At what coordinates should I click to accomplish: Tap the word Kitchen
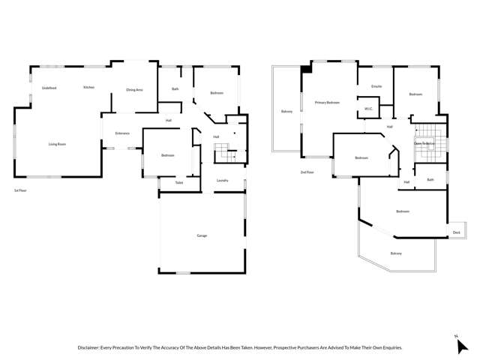point(88,88)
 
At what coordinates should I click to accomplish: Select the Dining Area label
point(135,90)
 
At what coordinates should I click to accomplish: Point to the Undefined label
point(50,88)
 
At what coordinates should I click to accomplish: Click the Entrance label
point(122,133)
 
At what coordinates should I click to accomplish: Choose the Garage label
point(202,235)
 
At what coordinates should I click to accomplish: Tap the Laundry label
point(222,181)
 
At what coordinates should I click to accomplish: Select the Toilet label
point(179,182)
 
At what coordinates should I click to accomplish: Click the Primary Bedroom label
point(327,102)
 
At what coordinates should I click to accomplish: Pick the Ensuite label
point(376,86)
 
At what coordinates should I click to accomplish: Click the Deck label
point(457,232)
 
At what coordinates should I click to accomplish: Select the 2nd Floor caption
point(307,172)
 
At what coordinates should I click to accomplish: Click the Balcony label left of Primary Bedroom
point(286,112)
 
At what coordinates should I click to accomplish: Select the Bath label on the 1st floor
point(175,89)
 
